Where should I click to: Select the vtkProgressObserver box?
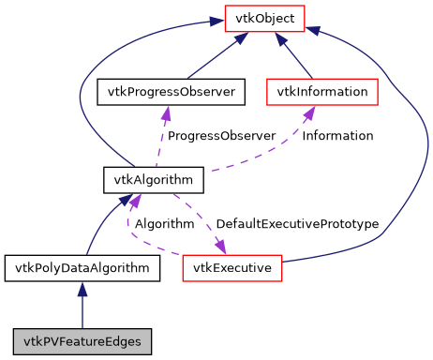click(x=172, y=92)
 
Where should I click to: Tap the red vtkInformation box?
click(x=322, y=92)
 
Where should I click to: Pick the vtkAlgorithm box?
click(x=141, y=178)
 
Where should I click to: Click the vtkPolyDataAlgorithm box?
click(x=82, y=268)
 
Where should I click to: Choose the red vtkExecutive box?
click(x=231, y=268)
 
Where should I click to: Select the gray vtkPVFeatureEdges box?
click(x=82, y=339)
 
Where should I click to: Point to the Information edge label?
click(x=337, y=136)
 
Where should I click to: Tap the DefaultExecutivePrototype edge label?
click(x=297, y=224)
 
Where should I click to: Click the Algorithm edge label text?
click(x=164, y=224)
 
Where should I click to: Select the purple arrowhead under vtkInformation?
click(x=308, y=112)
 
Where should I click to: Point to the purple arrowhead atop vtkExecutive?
click(x=220, y=247)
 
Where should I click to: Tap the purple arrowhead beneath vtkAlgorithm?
click(x=135, y=199)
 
